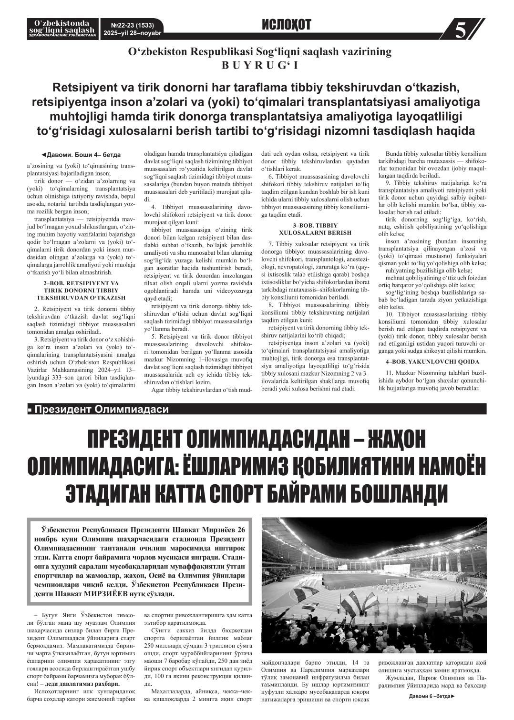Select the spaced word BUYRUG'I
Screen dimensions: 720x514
click(259, 66)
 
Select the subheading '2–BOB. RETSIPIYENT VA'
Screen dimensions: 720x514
click(81, 283)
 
